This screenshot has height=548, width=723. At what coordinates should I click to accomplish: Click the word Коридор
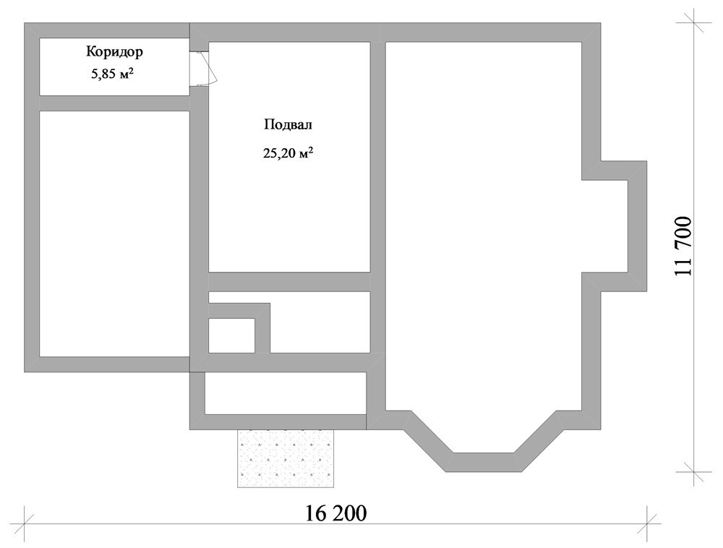tap(114, 52)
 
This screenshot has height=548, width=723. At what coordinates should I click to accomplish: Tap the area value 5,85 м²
tap(113, 74)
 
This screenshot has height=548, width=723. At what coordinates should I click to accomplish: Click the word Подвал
tap(288, 125)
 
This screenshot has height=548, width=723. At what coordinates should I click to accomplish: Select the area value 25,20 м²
tap(288, 153)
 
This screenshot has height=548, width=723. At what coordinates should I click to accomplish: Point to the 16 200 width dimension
tap(336, 513)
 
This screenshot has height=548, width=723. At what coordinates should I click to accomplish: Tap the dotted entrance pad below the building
tap(286, 458)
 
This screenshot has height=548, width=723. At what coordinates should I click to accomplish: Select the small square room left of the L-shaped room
tap(231, 335)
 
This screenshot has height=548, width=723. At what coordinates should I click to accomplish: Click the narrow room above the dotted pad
tap(286, 393)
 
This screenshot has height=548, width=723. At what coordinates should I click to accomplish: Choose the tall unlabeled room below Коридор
tap(114, 234)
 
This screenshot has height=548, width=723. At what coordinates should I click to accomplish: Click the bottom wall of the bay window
tap(484, 462)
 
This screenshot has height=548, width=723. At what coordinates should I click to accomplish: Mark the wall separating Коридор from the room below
tap(114, 103)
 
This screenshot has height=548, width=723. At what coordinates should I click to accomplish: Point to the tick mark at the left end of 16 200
tap(25, 523)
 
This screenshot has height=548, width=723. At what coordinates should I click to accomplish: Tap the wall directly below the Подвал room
tap(290, 282)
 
